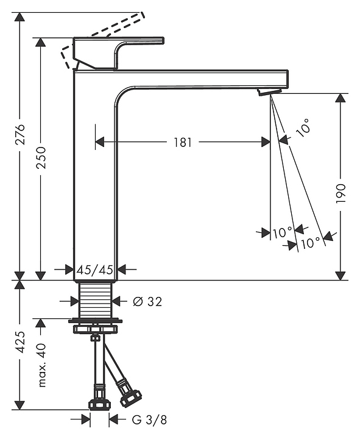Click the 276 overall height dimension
20,134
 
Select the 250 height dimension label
41,157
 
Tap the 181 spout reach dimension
183,142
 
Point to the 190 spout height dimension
341,193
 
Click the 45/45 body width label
95,270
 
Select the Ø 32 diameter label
147,302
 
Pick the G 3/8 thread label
149,419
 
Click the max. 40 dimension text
41,365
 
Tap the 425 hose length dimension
20,342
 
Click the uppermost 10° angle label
303,127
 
